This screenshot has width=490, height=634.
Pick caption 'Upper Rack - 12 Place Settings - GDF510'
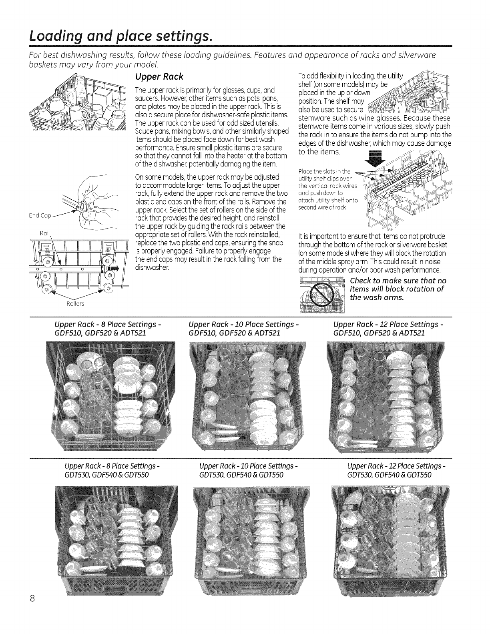tap(388, 327)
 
